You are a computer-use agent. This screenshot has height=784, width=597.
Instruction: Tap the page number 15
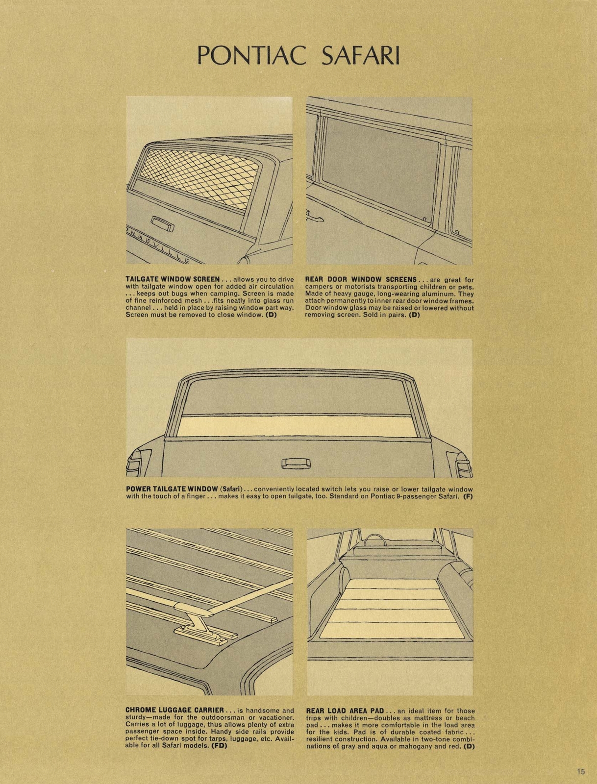(580, 772)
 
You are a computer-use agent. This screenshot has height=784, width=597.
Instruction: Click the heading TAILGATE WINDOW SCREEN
(173, 279)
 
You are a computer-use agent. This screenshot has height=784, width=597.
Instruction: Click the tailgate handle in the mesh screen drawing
(162, 223)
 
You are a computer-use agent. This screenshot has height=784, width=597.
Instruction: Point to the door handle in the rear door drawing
(314, 216)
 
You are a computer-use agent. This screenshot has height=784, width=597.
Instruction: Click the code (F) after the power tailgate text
(468, 496)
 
